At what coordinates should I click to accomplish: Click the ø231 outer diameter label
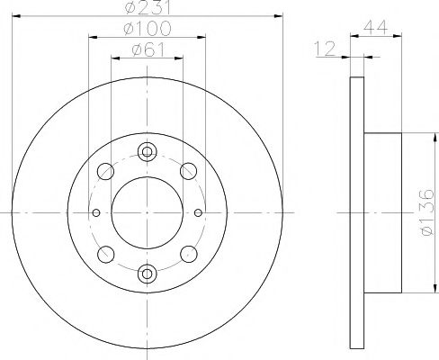coord(148,9)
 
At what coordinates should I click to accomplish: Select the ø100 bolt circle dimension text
coord(148,30)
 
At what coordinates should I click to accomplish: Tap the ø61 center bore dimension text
coord(148,50)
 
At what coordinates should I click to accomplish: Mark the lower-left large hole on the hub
coord(106,254)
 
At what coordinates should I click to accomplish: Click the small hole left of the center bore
coord(96,212)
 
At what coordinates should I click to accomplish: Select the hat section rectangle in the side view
coord(382,212)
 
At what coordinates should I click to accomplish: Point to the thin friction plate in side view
coord(355,212)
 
